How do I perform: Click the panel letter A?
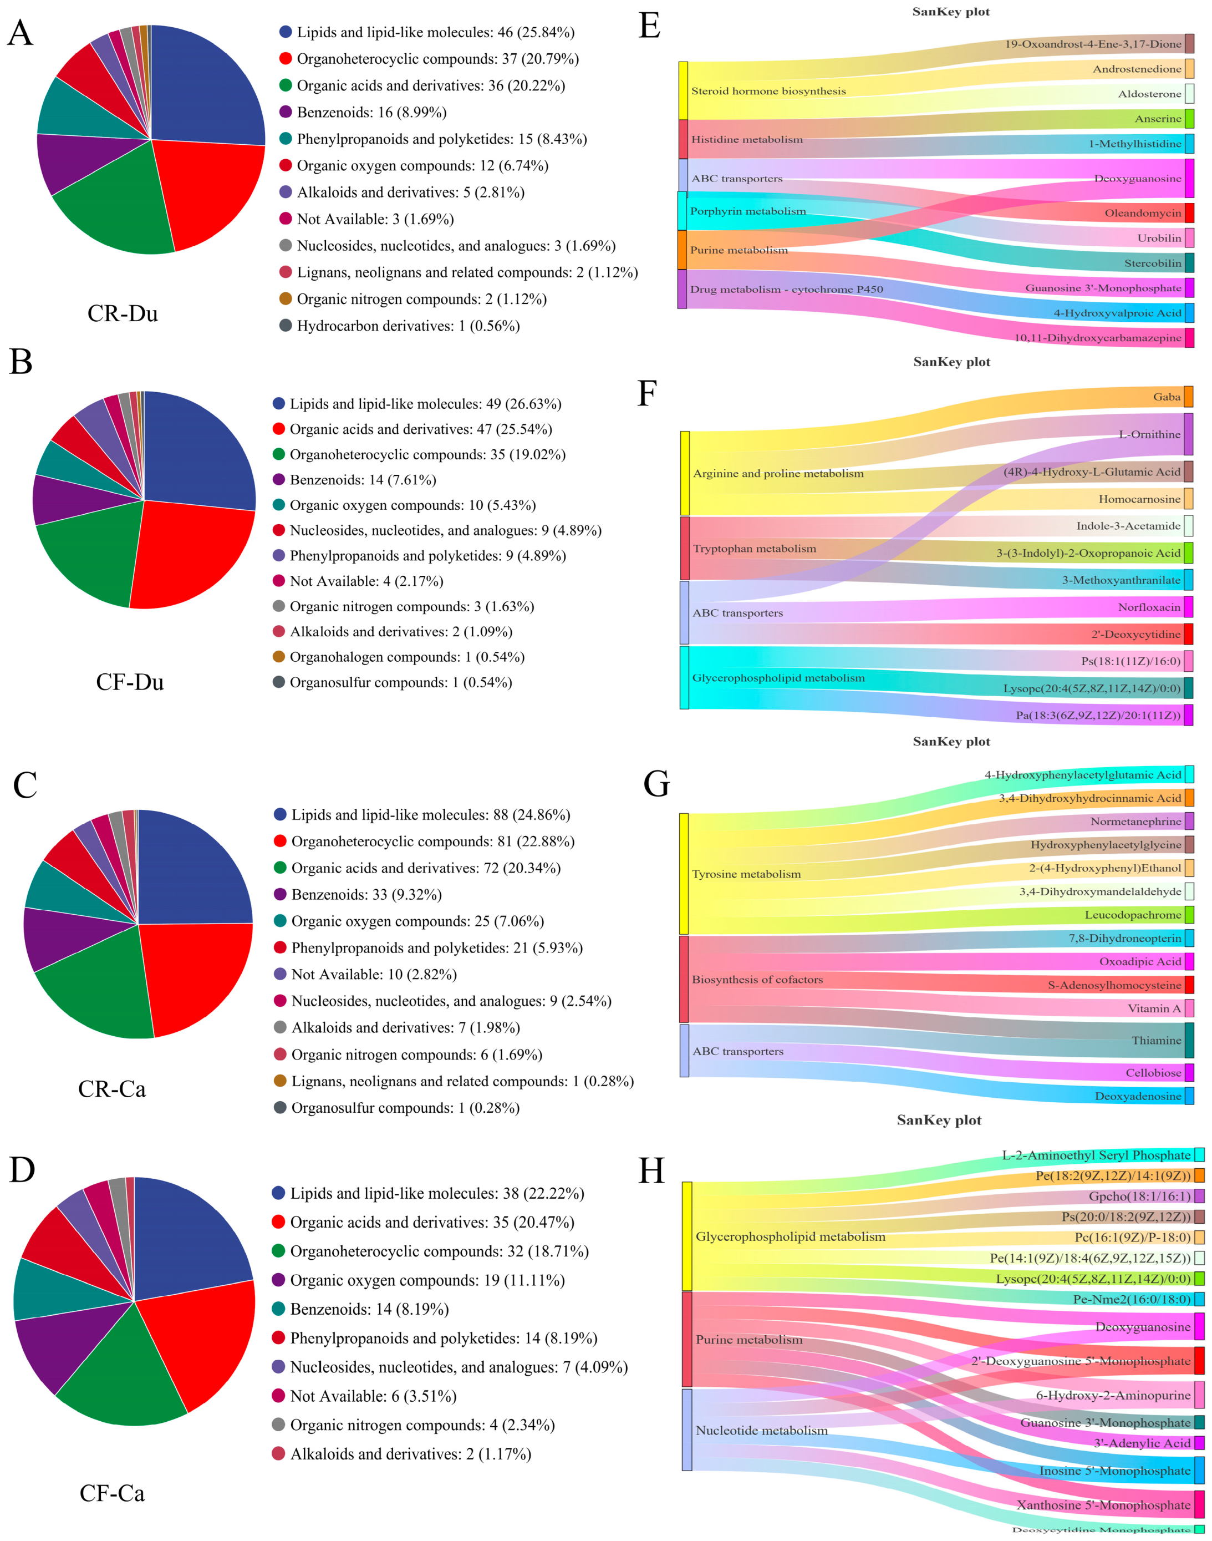(20, 33)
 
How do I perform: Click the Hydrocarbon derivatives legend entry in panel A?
(408, 326)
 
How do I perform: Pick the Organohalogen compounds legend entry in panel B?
(406, 657)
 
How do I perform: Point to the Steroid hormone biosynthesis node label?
(768, 91)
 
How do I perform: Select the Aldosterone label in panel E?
(1149, 94)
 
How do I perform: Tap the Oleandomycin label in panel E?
(1143, 213)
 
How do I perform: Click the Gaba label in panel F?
(1167, 397)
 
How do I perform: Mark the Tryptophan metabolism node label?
(754, 549)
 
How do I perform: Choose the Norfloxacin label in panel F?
(1149, 607)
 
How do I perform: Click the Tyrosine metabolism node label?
(746, 874)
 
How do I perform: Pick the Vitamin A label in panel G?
(1154, 1008)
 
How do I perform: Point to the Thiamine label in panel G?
(1156, 1040)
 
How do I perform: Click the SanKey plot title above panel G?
(951, 741)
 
